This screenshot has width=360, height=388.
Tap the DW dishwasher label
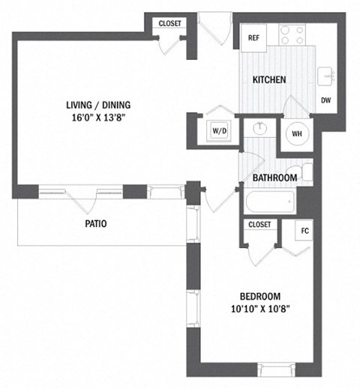click(x=326, y=100)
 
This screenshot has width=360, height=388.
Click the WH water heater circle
click(x=296, y=134)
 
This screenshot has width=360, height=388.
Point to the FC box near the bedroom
click(x=304, y=231)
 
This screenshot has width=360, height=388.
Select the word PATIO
click(x=94, y=223)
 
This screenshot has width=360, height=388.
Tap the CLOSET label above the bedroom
click(x=259, y=224)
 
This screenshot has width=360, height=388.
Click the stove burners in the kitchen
click(x=292, y=34)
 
